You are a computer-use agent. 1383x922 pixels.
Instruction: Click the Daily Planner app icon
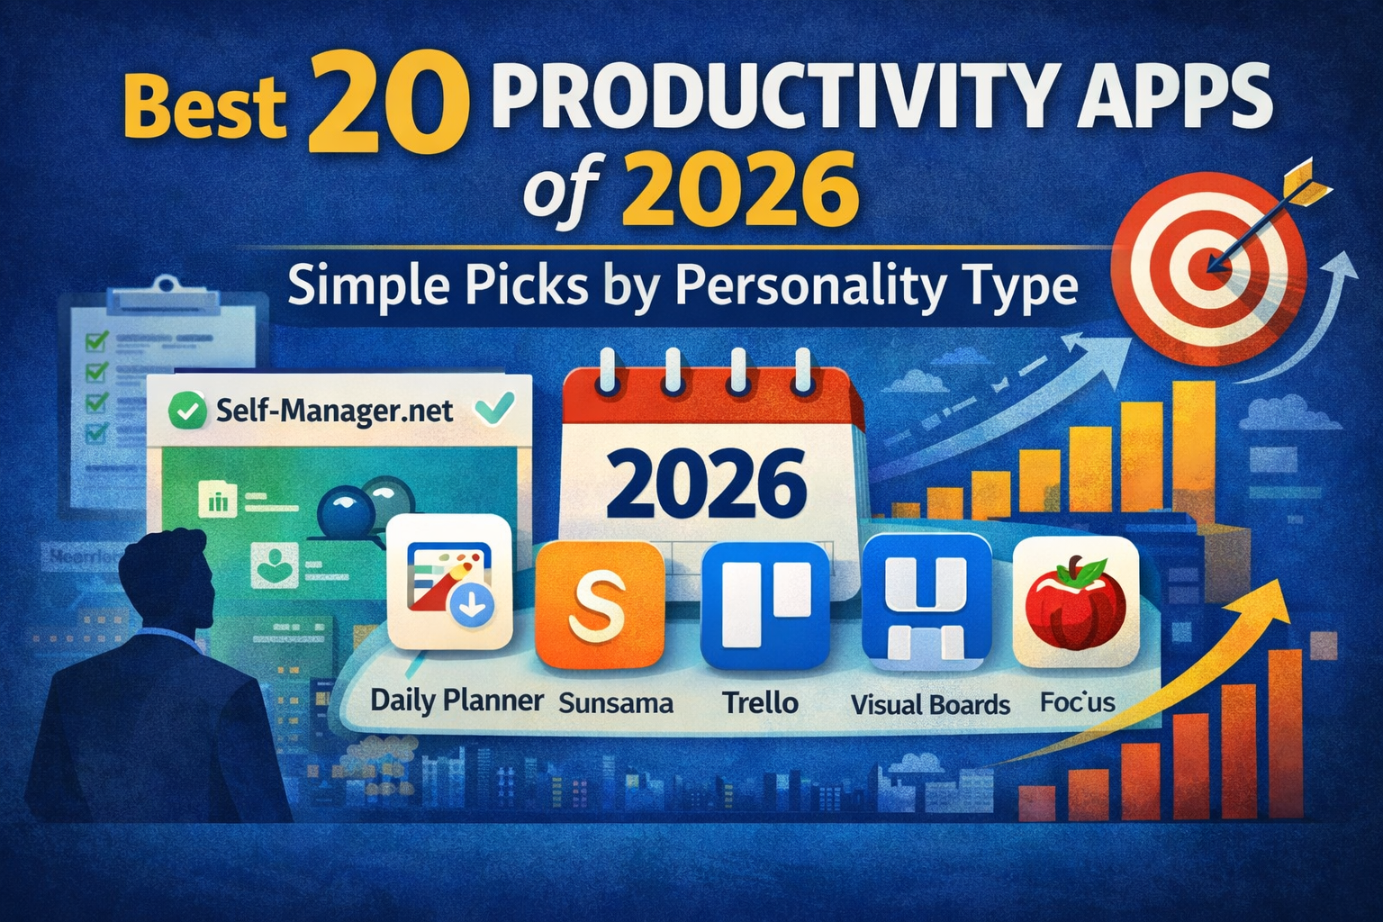pyautogui.click(x=449, y=582)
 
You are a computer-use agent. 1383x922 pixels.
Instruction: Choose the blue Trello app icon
pyautogui.click(x=764, y=605)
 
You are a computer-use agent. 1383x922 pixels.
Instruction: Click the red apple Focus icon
pyautogui.click(x=1075, y=601)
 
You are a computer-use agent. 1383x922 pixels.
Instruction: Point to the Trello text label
pyautogui.click(x=761, y=702)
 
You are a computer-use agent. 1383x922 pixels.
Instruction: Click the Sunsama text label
pyautogui.click(x=616, y=702)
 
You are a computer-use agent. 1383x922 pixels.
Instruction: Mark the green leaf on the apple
pyautogui.click(x=1089, y=569)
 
